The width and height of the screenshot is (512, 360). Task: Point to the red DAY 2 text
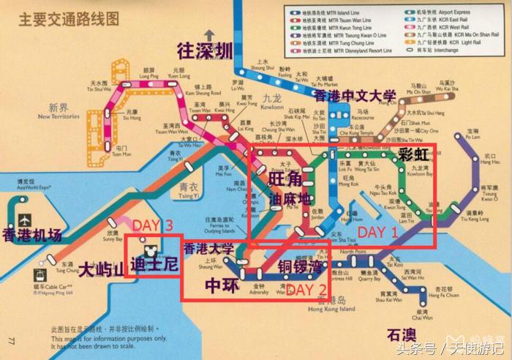coord(306,289)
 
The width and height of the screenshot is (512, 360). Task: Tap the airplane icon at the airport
coord(26,219)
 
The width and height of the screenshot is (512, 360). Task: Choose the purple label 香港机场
coord(32,236)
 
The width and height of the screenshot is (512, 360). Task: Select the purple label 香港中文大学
coord(355,96)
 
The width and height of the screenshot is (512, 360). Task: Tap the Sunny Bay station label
coord(113,236)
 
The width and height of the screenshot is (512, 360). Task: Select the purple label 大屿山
coord(101,269)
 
